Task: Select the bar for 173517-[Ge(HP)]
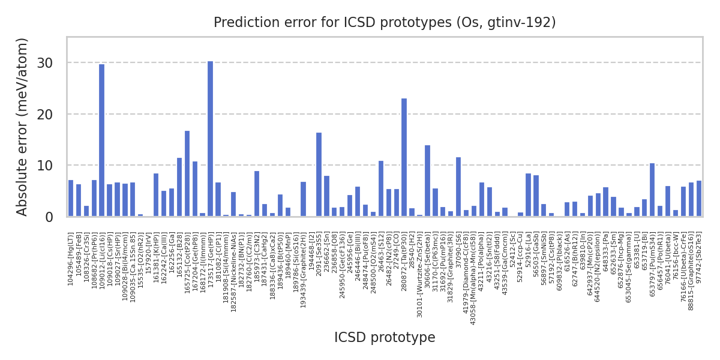tap(210, 139)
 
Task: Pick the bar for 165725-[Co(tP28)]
tap(187, 173)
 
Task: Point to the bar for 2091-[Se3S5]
tap(319, 175)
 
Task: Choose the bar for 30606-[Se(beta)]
tap(427, 181)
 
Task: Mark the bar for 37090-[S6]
tap(458, 187)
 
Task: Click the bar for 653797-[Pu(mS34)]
tap(652, 190)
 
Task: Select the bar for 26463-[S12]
tap(381, 188)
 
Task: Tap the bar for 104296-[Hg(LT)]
tap(71, 198)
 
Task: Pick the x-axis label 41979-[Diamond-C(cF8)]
tap(466, 264)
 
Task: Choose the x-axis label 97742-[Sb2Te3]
tap(699, 252)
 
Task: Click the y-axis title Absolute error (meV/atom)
tap(23, 127)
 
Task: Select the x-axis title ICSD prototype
tap(385, 338)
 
